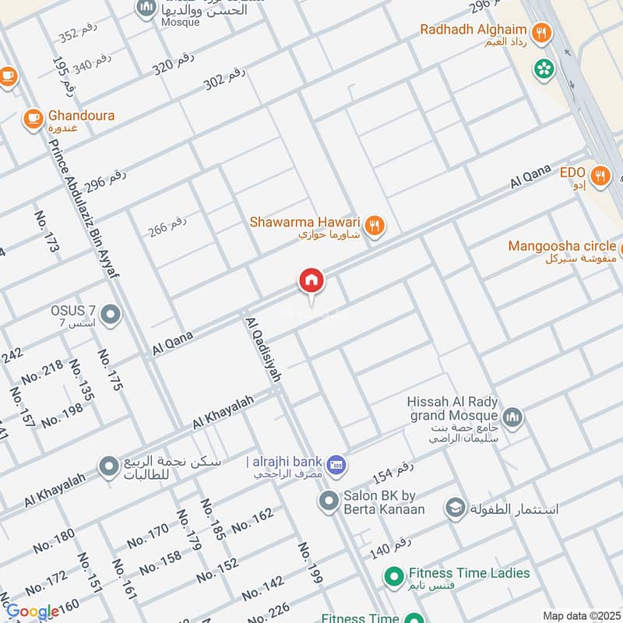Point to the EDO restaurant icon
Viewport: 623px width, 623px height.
tap(599, 175)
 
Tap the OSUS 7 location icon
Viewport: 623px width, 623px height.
tap(111, 315)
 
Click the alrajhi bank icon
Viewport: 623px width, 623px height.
tap(336, 464)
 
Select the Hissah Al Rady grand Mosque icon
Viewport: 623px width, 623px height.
tap(512, 418)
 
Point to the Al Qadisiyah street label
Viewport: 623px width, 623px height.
tap(262, 349)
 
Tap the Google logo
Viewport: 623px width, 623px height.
tap(33, 611)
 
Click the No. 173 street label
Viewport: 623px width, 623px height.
tap(47, 231)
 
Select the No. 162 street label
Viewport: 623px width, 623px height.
tap(252, 519)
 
